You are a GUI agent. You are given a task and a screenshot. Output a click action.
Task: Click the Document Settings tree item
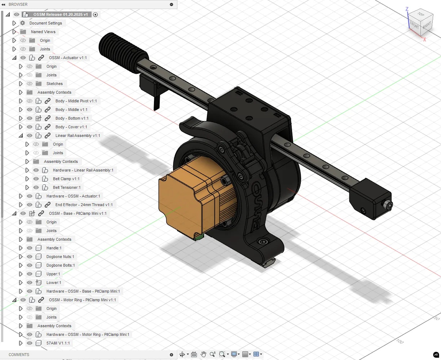[45, 23]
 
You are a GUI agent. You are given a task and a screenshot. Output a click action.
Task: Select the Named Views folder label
[43, 32]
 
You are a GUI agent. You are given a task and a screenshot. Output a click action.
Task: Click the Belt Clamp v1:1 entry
[66, 179]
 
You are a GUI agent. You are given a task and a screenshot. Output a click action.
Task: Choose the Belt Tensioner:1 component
[67, 187]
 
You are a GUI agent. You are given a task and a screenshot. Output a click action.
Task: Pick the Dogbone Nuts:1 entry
[60, 257]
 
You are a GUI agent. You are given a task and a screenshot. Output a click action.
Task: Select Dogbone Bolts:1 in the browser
[60, 265]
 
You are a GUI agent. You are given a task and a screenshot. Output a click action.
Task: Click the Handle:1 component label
[54, 248]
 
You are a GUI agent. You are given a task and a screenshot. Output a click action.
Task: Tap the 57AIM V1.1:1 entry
[58, 343]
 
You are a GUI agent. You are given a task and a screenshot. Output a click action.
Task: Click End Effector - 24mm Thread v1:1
[84, 205]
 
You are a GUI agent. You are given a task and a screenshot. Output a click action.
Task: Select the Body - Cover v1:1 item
[71, 127]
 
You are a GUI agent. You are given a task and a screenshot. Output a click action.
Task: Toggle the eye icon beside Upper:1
[30, 274]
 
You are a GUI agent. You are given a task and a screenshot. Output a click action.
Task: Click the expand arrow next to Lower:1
[21, 283]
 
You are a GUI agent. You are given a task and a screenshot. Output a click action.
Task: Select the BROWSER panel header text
[18, 4]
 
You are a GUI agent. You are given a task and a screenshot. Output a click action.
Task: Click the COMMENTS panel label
[19, 355]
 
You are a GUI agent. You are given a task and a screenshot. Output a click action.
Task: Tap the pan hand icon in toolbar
[203, 354]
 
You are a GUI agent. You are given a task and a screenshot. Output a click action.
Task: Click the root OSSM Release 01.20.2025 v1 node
[60, 14]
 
